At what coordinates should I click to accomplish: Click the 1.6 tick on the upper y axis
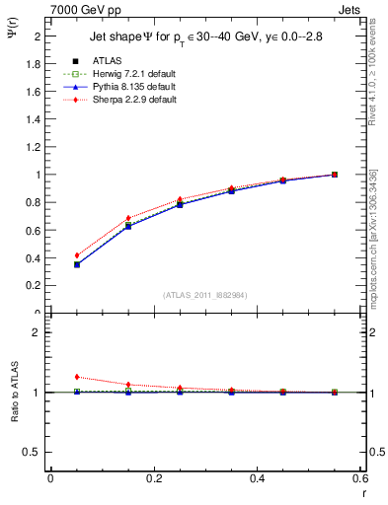tap(36, 91)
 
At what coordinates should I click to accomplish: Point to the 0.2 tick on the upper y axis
tap(36, 286)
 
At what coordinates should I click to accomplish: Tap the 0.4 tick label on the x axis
tap(257, 478)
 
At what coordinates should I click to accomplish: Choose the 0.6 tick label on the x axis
tap(359, 478)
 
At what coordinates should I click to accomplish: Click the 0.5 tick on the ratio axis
tap(36, 452)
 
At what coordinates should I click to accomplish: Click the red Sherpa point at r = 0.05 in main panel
tap(77, 255)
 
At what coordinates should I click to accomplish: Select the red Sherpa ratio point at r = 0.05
tap(77, 377)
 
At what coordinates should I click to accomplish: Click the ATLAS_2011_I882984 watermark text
tap(204, 295)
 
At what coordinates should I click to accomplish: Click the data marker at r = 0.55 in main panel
tap(335, 175)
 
